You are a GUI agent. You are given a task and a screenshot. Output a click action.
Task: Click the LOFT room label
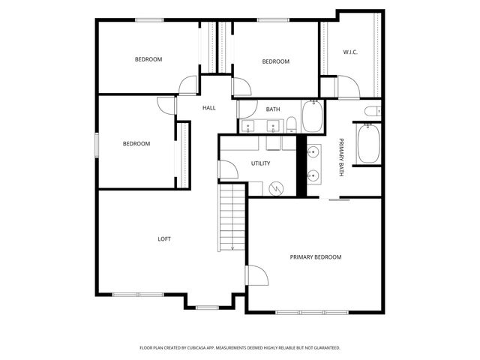coord(164,239)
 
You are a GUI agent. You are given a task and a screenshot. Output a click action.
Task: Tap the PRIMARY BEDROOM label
coord(316,257)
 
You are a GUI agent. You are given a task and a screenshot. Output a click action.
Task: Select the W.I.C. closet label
coord(350,52)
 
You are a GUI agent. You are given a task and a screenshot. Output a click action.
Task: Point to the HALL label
coord(209,108)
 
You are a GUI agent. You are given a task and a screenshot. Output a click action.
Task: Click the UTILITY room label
coord(260,163)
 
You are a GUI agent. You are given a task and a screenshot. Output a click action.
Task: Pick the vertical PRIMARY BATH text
coord(341,157)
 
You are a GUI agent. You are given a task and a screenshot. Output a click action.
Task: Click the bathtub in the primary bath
coord(368,144)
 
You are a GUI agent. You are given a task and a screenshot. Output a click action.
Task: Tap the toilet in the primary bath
coord(369,112)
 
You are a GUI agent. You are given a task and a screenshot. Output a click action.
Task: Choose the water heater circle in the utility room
coord(277,188)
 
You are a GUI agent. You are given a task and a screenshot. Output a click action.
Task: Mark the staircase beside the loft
coord(232,217)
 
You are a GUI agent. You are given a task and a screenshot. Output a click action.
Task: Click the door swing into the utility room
coord(229,169)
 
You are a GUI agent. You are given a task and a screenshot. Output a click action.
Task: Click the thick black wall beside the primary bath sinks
coord(302,166)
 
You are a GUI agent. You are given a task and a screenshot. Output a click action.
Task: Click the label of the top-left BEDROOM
coord(148,59)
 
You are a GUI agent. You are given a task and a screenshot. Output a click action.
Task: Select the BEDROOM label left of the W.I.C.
coord(275,61)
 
